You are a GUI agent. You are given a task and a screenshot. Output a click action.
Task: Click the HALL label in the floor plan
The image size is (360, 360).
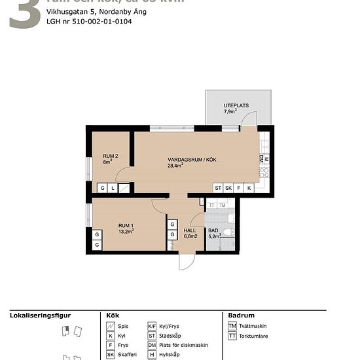(x=190, y=230)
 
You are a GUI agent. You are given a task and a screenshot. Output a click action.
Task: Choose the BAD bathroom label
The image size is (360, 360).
(x=213, y=230)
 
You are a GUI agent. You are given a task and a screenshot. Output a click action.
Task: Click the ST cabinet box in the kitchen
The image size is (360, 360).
(x=218, y=188)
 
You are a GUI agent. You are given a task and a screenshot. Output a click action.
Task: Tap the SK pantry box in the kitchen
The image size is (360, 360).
(x=228, y=188)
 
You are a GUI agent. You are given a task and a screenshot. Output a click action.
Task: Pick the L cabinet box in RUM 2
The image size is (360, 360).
(x=113, y=188)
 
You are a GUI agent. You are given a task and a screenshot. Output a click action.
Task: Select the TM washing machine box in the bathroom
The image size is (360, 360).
(x=223, y=206)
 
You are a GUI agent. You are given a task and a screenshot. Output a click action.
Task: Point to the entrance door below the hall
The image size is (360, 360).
(x=187, y=261)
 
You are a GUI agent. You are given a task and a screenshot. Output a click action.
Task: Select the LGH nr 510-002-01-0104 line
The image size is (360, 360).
(x=89, y=22)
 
